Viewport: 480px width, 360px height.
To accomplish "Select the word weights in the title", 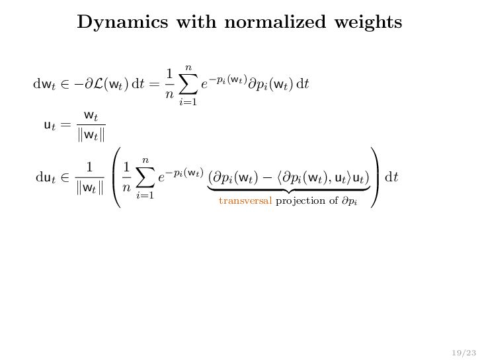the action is click(x=365, y=23).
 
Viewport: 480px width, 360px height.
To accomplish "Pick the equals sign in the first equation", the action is click(x=153, y=85).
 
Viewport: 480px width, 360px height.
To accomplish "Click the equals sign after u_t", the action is click(x=66, y=124).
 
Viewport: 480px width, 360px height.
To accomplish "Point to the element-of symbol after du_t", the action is click(x=66, y=178).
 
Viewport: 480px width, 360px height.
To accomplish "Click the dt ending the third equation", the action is click(x=391, y=178).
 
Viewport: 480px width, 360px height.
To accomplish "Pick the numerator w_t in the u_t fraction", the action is click(x=91, y=116).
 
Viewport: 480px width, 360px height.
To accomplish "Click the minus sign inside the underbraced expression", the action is click(x=276, y=178).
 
